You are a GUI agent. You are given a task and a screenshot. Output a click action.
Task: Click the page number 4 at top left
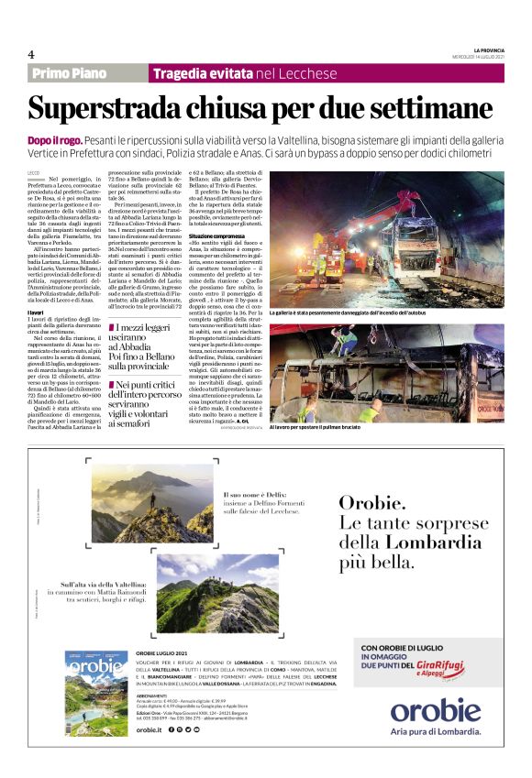point(31,54)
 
